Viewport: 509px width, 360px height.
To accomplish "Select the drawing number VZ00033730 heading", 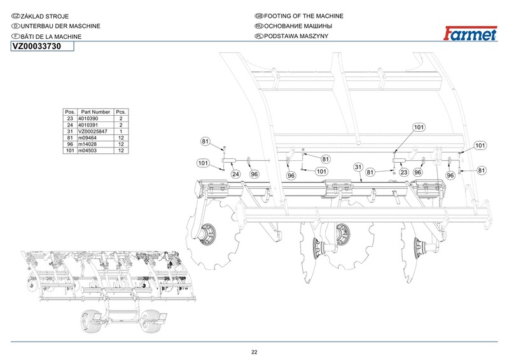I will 36,46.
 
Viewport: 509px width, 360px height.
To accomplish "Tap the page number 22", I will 254,352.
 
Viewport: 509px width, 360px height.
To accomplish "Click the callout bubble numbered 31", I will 358,167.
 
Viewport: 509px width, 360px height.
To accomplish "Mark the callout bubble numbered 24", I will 235,174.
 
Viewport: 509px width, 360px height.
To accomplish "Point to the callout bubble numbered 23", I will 403,172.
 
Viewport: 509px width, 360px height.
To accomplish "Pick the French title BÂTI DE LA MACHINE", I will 51,37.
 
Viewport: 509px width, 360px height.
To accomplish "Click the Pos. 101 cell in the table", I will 70,150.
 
